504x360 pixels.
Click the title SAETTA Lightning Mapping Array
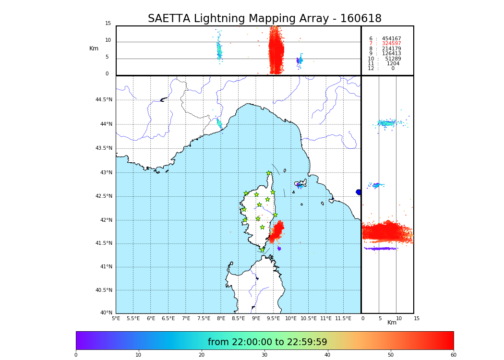point(264,19)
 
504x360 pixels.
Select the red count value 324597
point(391,44)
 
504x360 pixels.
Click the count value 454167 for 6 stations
point(391,39)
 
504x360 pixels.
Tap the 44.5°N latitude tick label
point(104,100)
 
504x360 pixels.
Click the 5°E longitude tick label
point(116,318)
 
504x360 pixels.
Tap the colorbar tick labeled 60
point(453,355)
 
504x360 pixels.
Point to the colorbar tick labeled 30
point(264,355)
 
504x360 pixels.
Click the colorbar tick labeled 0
point(76,355)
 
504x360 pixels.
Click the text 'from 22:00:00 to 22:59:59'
point(267,342)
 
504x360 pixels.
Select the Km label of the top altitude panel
point(94,48)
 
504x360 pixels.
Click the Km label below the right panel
point(392,323)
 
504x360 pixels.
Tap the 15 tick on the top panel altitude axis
point(108,24)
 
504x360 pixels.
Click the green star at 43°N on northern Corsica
point(269,173)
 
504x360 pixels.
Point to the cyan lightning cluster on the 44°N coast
point(219,123)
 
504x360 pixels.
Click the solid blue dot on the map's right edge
point(359,192)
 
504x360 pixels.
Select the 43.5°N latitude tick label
point(104,148)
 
